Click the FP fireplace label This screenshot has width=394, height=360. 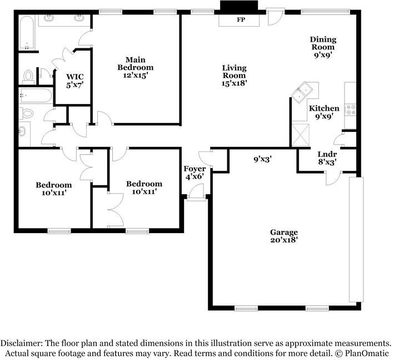click(241, 19)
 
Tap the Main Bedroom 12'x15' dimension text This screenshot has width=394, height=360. click(135, 75)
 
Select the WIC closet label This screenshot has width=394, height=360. click(74, 77)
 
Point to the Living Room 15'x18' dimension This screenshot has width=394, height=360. click(234, 83)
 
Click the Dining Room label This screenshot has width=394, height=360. click(323, 43)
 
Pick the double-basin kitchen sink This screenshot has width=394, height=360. click(302, 92)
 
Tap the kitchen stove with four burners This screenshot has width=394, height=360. click(350, 110)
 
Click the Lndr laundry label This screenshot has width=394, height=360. click(327, 154)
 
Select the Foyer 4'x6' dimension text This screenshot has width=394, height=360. click(194, 177)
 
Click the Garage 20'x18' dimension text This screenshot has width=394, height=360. click(284, 240)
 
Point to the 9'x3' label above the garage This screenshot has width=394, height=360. click(263, 159)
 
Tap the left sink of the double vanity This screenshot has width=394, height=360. click(48, 18)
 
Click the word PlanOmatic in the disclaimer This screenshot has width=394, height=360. click(367, 353)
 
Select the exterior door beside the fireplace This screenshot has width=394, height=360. click(275, 17)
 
